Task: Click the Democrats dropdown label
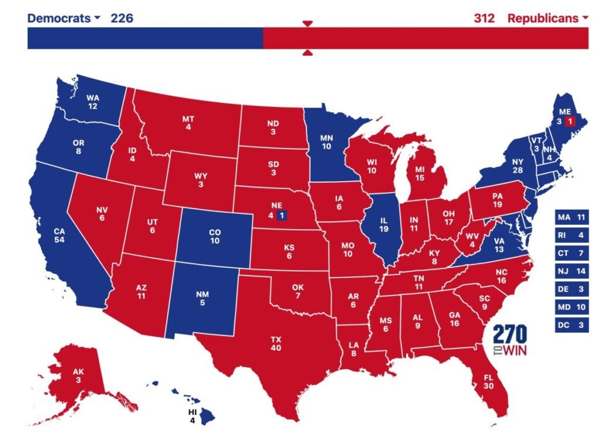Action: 63,18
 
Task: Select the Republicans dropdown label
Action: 548,18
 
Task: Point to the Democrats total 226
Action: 122,18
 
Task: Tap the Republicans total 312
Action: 484,18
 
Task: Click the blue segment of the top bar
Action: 145,38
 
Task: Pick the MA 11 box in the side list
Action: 572,218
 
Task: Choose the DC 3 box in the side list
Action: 572,324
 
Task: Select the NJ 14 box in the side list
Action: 572,271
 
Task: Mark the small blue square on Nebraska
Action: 282,215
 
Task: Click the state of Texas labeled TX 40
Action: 276,343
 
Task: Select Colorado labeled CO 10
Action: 214,237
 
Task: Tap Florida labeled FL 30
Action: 488,382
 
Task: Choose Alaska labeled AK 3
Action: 77,376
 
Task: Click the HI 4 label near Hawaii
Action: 191,416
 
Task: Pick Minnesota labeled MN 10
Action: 327,142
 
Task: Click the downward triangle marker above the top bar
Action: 308,24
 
